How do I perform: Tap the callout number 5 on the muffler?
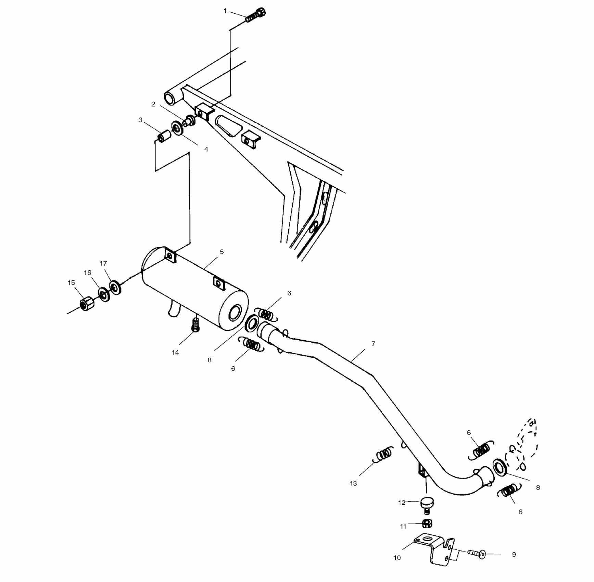click(x=222, y=252)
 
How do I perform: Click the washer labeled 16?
click(x=104, y=294)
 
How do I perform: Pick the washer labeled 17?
click(x=115, y=287)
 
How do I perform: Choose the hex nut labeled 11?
click(x=427, y=523)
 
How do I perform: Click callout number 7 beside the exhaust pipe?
click(x=373, y=344)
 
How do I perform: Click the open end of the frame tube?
click(x=170, y=98)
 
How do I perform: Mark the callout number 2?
click(x=153, y=104)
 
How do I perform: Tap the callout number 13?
click(x=353, y=483)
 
